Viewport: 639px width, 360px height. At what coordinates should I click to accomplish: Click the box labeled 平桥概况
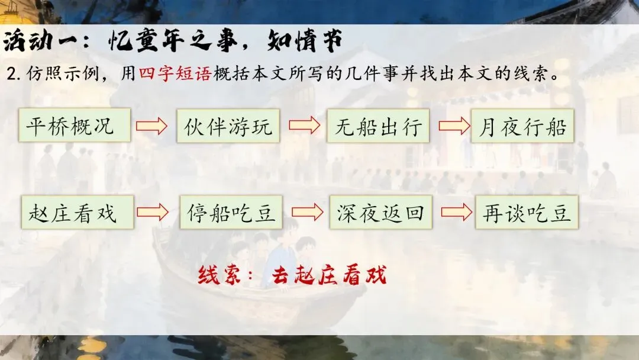[x=75, y=126]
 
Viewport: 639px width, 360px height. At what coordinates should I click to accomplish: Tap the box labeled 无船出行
[x=377, y=126]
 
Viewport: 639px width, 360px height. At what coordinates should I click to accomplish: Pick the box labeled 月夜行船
[x=522, y=126]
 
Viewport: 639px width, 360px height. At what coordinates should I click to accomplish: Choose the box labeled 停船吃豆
[x=231, y=212]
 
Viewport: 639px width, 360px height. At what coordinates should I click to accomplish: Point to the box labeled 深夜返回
[x=380, y=212]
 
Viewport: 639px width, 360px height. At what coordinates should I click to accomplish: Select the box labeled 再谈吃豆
[x=527, y=212]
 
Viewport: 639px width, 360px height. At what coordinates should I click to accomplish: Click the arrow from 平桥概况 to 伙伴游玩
[x=152, y=126]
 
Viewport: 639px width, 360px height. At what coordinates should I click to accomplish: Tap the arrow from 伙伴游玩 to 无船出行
[x=304, y=126]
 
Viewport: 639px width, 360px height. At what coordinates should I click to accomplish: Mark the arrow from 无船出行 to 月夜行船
[x=454, y=126]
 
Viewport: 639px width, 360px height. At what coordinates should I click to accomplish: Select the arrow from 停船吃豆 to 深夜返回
[x=307, y=212]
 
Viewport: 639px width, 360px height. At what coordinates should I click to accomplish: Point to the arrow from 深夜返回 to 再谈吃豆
[x=456, y=212]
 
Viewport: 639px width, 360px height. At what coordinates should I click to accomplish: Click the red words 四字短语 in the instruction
[x=175, y=76]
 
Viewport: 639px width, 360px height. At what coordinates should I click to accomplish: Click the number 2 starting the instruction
[x=11, y=76]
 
